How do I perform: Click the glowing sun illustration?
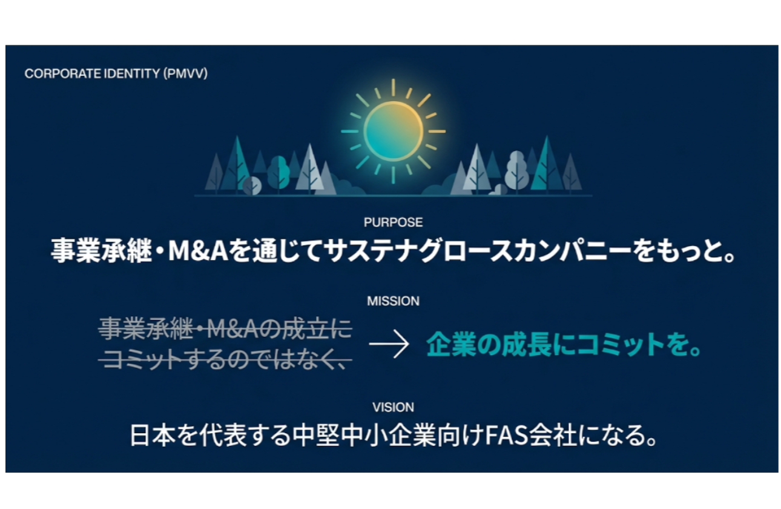click(x=393, y=131)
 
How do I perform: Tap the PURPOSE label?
click(x=393, y=222)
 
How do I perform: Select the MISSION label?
click(x=393, y=301)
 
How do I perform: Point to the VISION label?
click(x=393, y=407)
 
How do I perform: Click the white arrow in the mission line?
click(x=389, y=346)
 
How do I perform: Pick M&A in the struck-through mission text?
click(x=232, y=330)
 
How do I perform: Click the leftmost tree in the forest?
click(x=214, y=175)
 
